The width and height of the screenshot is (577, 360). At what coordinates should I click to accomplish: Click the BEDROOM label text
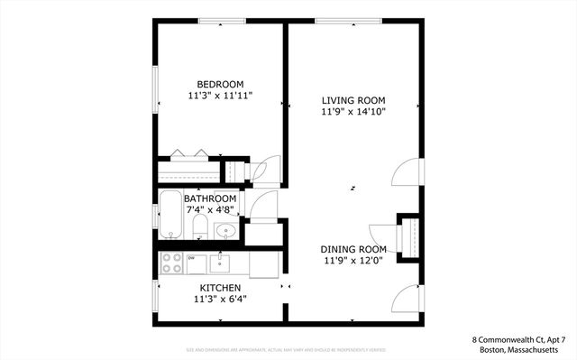[x=221, y=84]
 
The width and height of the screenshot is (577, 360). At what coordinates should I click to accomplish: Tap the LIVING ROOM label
[x=353, y=100]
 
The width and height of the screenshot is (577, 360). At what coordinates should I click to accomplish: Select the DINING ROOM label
[x=353, y=249]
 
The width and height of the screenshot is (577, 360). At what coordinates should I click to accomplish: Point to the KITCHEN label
[x=220, y=288]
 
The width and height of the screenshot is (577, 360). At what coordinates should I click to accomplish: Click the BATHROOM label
[x=210, y=198]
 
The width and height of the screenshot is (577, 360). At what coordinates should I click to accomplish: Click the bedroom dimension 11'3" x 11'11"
[x=221, y=95]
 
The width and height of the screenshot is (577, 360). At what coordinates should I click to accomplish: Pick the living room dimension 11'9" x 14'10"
[x=353, y=112]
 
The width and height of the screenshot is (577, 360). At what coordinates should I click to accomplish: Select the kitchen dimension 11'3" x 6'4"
[x=220, y=299]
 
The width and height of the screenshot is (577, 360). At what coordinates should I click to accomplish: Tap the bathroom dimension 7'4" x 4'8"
[x=210, y=209]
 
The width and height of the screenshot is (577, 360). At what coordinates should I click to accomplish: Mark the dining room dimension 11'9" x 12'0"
[x=353, y=261]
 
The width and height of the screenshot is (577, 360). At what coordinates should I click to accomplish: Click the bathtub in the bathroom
[x=171, y=215]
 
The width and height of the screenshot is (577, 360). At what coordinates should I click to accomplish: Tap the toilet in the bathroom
[x=200, y=226]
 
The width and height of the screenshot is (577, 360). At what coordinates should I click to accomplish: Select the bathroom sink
[x=225, y=231]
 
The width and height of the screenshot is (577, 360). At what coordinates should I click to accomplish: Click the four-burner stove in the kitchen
[x=170, y=264]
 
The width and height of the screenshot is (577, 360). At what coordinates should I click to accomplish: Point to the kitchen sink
[x=219, y=263]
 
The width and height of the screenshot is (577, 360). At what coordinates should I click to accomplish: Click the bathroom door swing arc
[x=261, y=207]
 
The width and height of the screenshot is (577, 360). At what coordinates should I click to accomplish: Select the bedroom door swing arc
[x=268, y=171]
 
